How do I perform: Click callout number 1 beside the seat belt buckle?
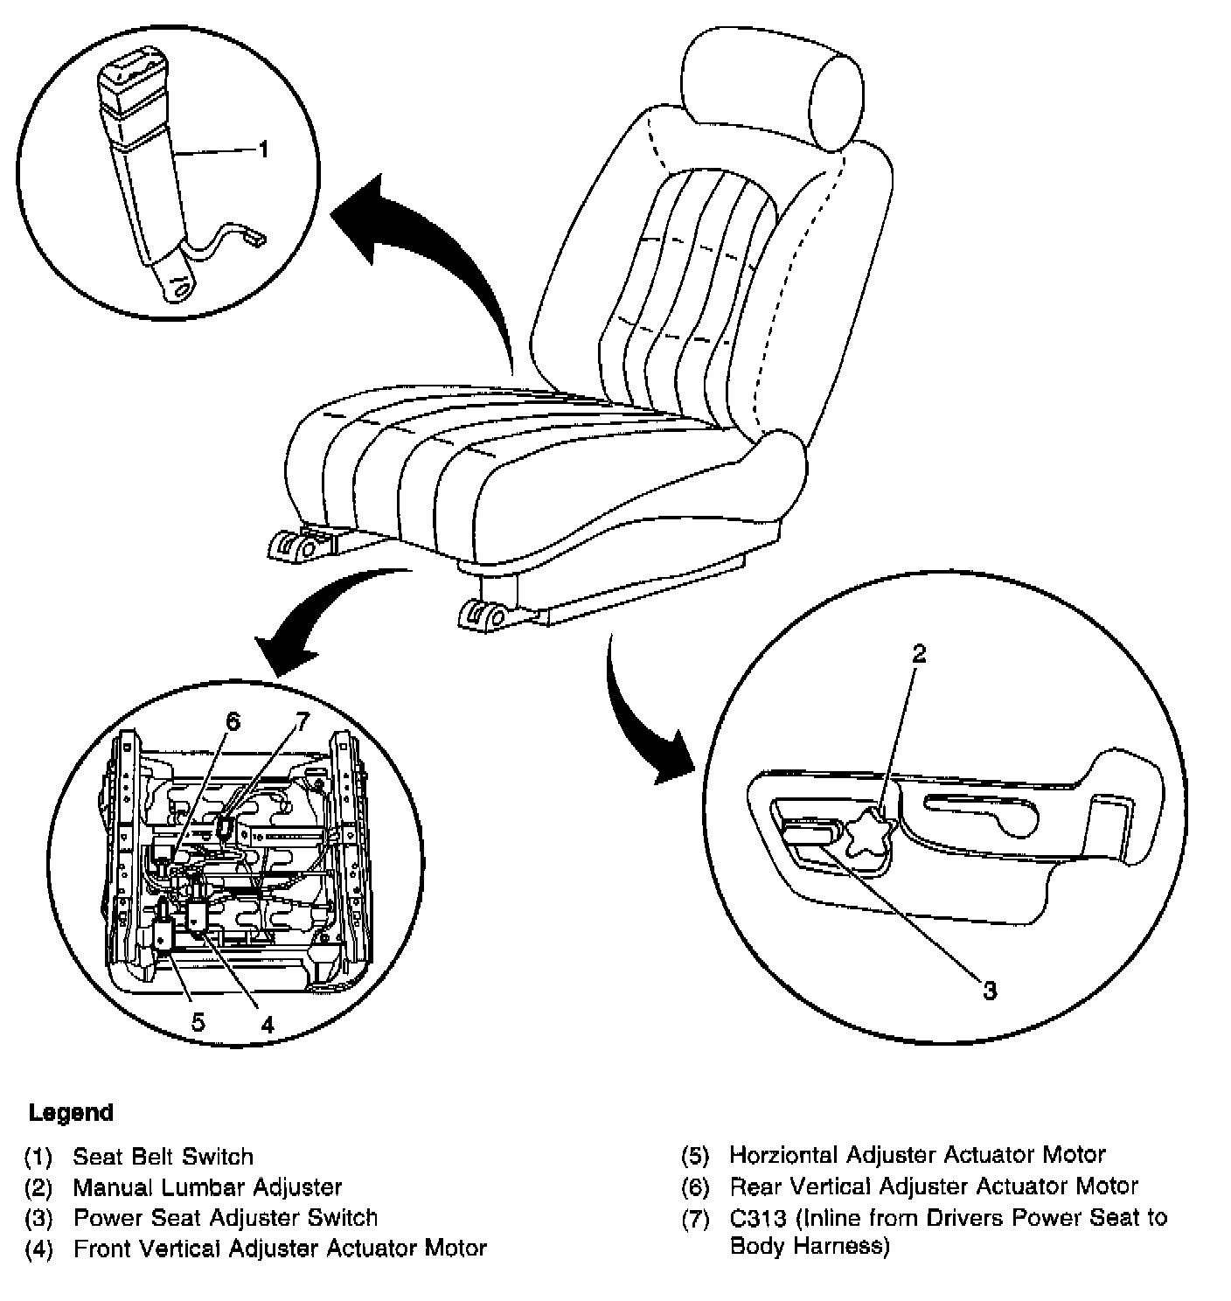click(x=262, y=150)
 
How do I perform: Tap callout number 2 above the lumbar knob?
click(x=917, y=654)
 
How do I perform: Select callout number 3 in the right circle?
click(x=989, y=991)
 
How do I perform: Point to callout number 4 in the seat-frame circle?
click(x=267, y=1024)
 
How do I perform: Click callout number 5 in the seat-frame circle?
click(x=198, y=1020)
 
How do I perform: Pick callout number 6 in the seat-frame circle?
click(x=232, y=721)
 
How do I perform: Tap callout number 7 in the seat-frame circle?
click(x=302, y=721)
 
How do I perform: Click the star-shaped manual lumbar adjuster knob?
click(x=867, y=835)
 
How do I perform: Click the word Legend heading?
click(x=71, y=1113)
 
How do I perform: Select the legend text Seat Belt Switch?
click(x=163, y=1157)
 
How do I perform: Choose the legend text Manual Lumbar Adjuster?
click(x=207, y=1187)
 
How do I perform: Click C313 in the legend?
click(x=754, y=1218)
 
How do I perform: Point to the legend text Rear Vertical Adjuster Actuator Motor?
click(x=934, y=1186)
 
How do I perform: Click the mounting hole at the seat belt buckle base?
click(x=181, y=289)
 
